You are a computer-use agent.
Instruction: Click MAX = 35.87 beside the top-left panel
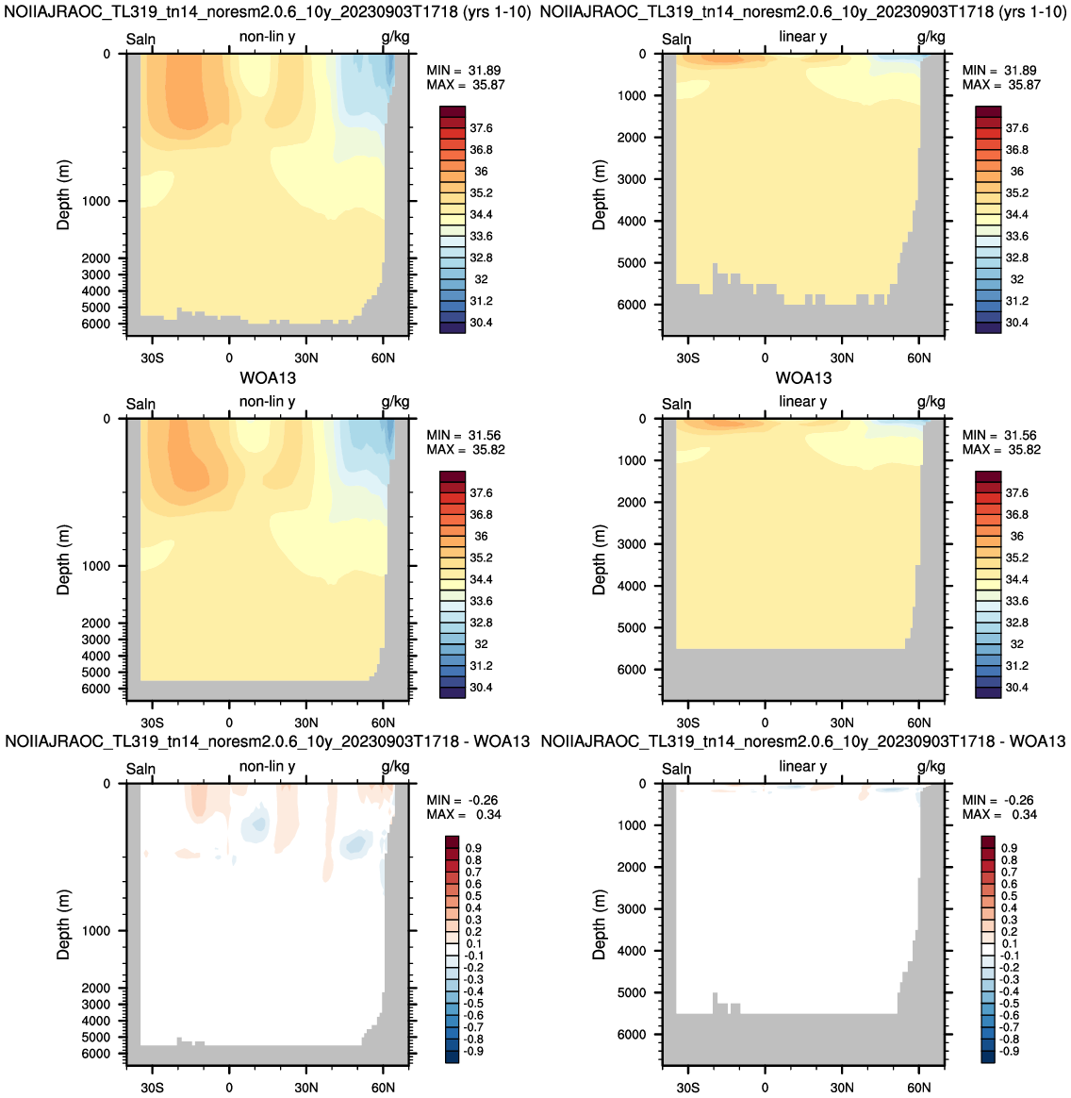pyautogui.click(x=466, y=85)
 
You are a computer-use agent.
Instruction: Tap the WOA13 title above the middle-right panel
pyautogui.click(x=803, y=378)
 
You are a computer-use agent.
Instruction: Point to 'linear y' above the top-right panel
pyautogui.click(x=803, y=37)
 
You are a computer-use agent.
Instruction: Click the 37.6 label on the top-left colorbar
pyautogui.click(x=481, y=128)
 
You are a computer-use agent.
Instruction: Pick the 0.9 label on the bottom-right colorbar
pyautogui.click(x=1010, y=848)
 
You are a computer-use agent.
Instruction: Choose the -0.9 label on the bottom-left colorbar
pyautogui.click(x=473, y=1051)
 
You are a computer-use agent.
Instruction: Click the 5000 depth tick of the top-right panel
pyautogui.click(x=632, y=263)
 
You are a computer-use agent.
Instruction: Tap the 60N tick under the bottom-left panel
pyautogui.click(x=383, y=1088)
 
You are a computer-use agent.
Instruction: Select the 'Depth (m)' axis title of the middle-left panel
pyautogui.click(x=64, y=559)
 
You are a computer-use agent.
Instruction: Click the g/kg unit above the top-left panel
pyautogui.click(x=396, y=37)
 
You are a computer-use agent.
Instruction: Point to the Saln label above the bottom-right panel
pyautogui.click(x=677, y=769)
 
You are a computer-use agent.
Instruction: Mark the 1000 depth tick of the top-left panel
pyautogui.click(x=97, y=201)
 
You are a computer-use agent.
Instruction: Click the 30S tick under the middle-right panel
pyautogui.click(x=687, y=723)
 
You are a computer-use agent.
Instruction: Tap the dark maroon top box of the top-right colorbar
pyautogui.click(x=988, y=112)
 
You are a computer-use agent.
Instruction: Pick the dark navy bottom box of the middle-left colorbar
pyautogui.click(x=453, y=692)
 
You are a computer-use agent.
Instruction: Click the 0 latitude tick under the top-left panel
pyautogui.click(x=229, y=358)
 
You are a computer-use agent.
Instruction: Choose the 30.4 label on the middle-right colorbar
pyautogui.click(x=1016, y=688)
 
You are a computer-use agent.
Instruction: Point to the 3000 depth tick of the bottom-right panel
pyautogui.click(x=632, y=909)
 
